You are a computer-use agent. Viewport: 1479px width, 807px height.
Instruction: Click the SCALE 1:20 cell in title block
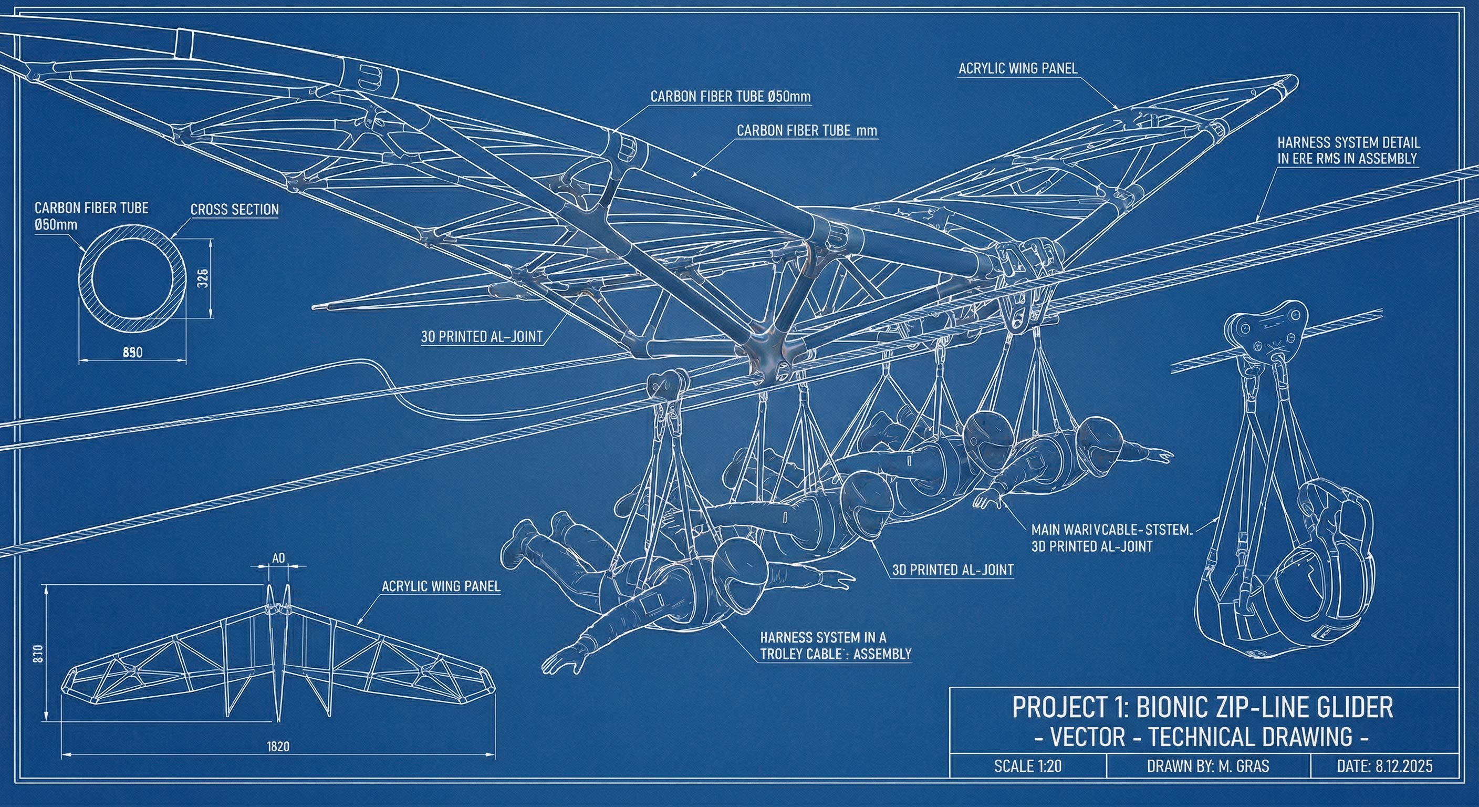[x=1028, y=766]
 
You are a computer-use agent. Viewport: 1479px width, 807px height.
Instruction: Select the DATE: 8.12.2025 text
[x=1384, y=766]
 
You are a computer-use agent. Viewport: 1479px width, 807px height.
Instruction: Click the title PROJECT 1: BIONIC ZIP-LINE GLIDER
[x=1202, y=707]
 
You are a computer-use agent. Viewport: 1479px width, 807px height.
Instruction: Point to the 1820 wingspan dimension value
[x=278, y=747]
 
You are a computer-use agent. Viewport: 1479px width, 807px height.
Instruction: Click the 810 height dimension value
[x=38, y=654]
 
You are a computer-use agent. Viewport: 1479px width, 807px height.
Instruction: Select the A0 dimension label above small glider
[x=278, y=558]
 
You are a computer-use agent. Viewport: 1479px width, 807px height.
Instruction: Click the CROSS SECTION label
[x=234, y=210]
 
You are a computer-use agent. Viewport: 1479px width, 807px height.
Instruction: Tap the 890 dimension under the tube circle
[x=133, y=353]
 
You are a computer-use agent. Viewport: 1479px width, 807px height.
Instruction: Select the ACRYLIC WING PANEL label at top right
[x=1017, y=68]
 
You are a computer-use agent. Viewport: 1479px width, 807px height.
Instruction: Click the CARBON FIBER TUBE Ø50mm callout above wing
[x=731, y=97]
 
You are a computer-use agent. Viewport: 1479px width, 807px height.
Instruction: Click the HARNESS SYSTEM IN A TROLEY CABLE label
[x=835, y=646]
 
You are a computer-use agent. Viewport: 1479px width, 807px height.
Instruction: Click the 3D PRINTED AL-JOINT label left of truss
[x=481, y=337]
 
